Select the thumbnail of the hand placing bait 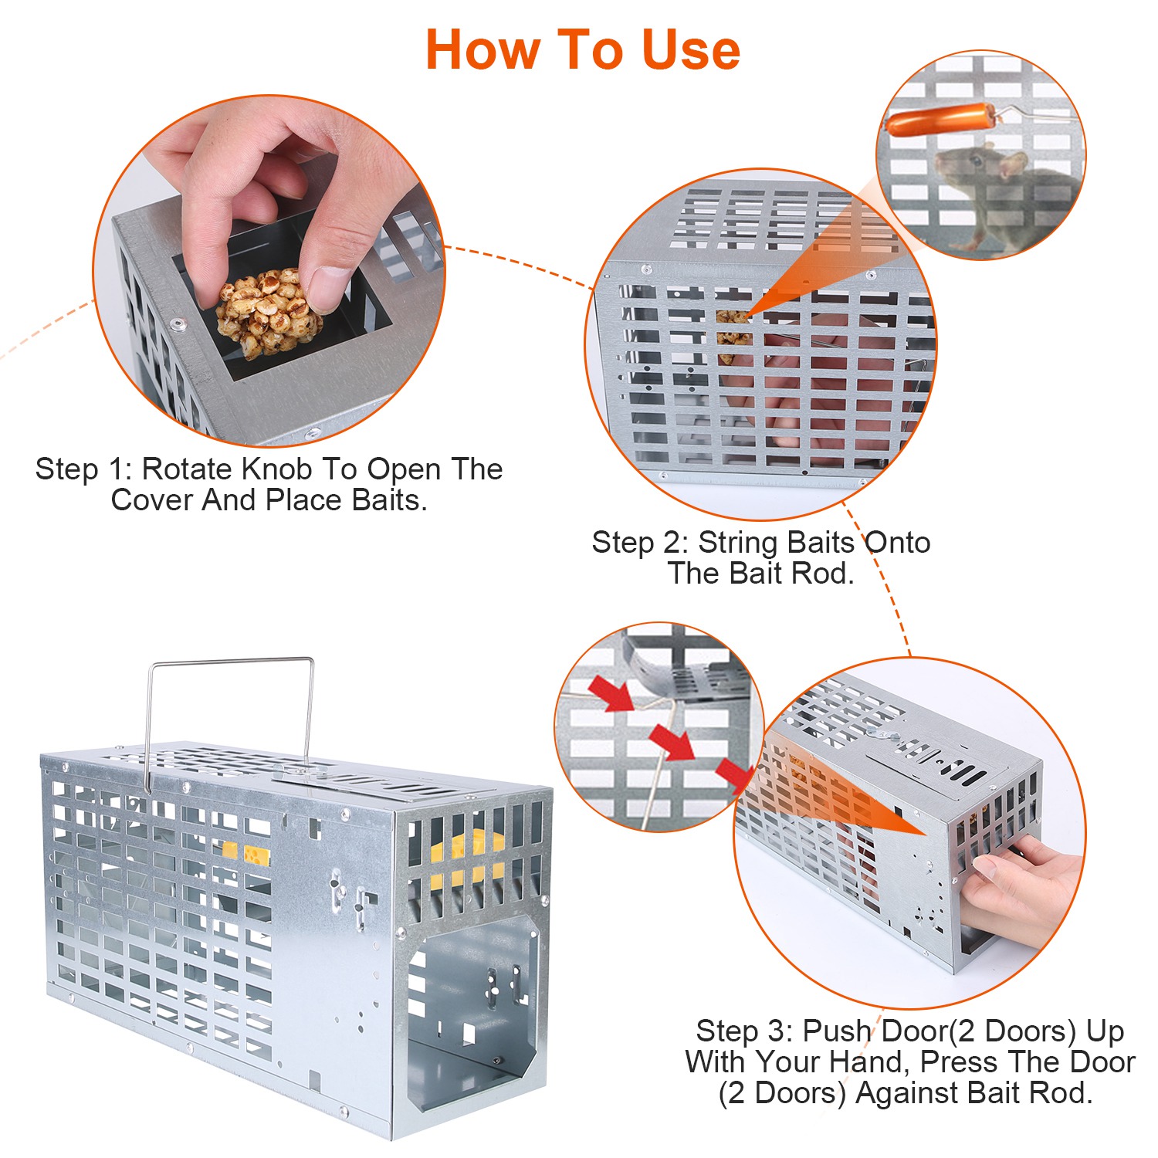point(269,270)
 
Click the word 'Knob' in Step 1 point(277,469)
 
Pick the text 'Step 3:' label point(744,1031)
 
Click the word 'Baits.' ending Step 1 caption point(389,500)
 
